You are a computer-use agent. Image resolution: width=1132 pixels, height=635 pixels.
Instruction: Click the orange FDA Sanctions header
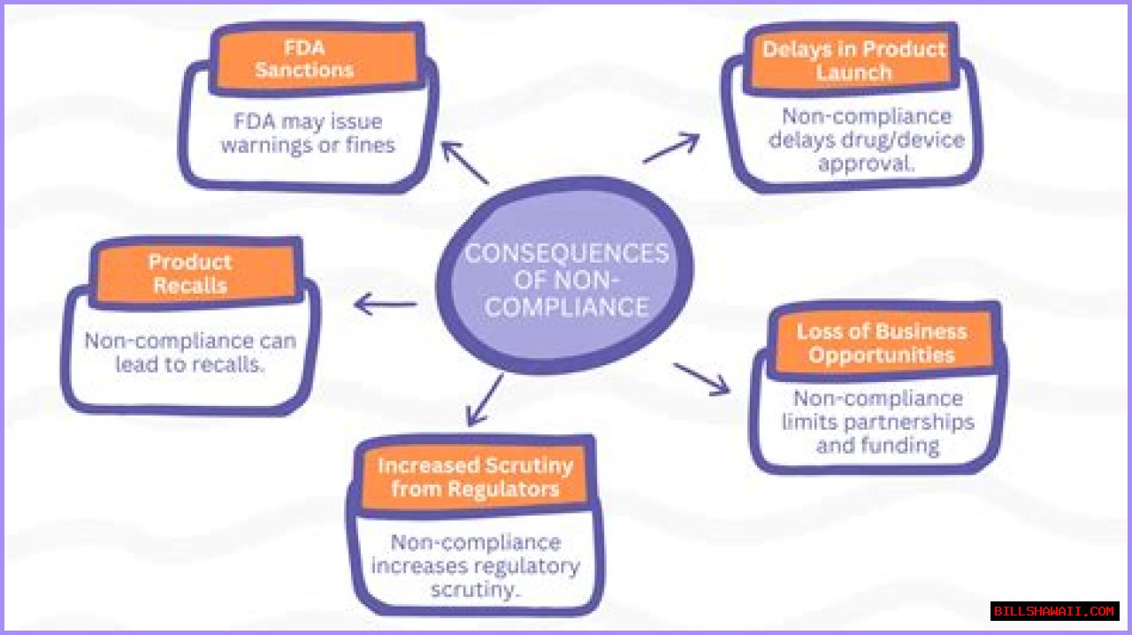click(303, 58)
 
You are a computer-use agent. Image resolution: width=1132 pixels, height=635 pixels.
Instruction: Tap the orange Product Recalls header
click(190, 274)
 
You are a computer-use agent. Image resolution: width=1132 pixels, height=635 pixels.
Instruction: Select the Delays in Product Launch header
click(853, 61)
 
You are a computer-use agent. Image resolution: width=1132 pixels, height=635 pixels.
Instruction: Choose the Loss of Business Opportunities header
click(881, 344)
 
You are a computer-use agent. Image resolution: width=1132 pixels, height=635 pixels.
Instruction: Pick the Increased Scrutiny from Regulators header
click(475, 478)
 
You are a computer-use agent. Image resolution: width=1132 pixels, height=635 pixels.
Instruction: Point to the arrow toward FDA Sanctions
click(464, 163)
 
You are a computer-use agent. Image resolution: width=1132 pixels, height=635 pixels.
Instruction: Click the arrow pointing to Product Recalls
click(385, 305)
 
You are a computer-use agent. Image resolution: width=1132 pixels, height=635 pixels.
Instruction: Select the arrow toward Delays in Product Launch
click(671, 149)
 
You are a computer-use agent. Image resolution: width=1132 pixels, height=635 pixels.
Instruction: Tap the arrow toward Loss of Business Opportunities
click(702, 378)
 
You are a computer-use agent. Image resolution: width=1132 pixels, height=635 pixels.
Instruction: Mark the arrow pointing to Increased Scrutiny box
click(485, 400)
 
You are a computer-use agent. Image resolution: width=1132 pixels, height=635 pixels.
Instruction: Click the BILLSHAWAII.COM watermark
click(1054, 611)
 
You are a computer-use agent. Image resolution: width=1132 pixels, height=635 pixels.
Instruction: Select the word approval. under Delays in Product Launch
click(866, 164)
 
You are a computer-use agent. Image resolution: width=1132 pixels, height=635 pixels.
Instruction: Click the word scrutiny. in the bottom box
click(475, 588)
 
